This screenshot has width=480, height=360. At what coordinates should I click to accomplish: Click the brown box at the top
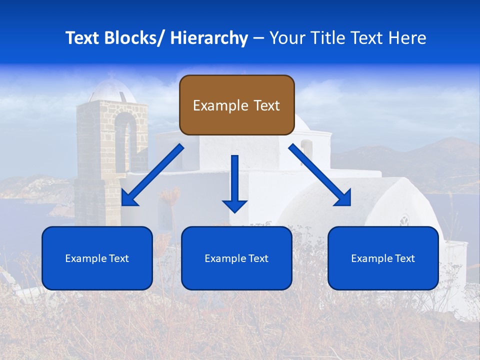[236, 105]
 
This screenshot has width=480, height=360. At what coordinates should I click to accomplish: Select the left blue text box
[97, 258]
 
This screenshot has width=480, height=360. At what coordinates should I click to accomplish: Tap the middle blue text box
[236, 258]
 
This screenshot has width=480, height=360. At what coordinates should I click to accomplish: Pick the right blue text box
[383, 258]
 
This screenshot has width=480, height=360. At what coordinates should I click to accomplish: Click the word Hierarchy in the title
[209, 38]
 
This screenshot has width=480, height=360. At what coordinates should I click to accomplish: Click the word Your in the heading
[287, 38]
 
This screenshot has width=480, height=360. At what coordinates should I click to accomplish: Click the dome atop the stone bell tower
[111, 90]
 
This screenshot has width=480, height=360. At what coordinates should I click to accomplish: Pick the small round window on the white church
[404, 220]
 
